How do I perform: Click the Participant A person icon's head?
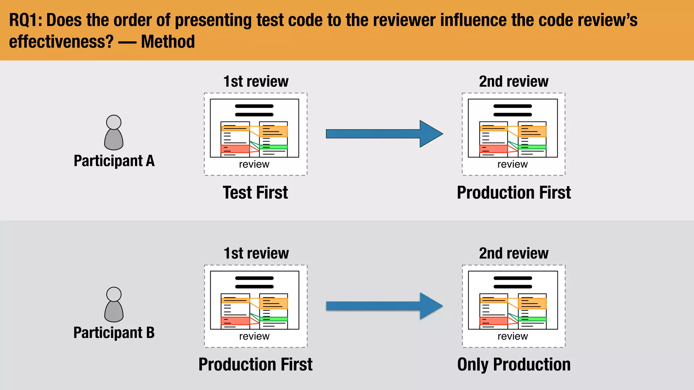point(114,122)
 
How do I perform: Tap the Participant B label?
point(114,332)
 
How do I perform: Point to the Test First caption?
point(255,193)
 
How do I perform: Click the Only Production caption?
point(514,365)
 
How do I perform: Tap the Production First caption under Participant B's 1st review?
point(255,365)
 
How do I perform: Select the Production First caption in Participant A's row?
point(514,193)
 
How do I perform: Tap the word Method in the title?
point(168,42)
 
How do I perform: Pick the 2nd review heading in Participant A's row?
point(513,82)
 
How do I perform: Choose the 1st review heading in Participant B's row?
point(256,254)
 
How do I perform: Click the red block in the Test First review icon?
point(235,149)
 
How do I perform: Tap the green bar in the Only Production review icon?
point(532,319)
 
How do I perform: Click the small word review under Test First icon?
point(254,164)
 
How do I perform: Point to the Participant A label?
point(114,160)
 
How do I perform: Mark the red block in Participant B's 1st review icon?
point(235,321)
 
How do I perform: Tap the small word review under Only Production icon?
point(513,336)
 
